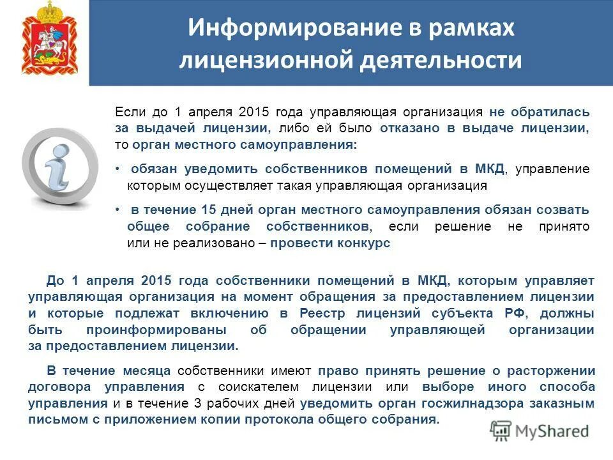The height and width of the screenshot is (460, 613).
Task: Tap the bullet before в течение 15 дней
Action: pos(118,210)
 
